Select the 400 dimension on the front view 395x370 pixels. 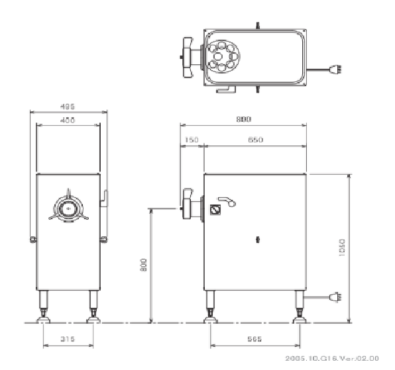(67, 120)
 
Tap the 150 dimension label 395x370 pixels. (192, 140)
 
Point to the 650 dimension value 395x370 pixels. (255, 140)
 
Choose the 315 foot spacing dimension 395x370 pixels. (68, 340)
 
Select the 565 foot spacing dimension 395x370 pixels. (254, 340)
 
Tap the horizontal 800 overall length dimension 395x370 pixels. (244, 120)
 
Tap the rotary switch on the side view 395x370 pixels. (214, 209)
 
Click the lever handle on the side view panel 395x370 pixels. (226, 201)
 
